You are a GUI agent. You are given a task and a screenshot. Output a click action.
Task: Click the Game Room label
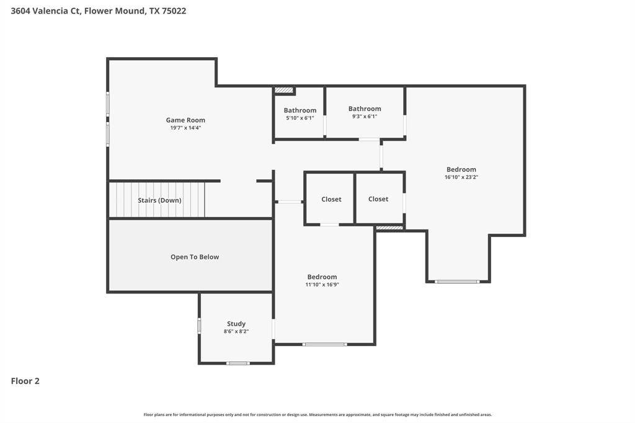[x=185, y=120]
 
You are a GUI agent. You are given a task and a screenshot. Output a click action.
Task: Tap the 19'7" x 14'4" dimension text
[x=185, y=128]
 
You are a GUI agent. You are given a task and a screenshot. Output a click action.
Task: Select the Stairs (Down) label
[x=159, y=200]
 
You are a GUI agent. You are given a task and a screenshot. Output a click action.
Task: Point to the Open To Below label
[x=195, y=257]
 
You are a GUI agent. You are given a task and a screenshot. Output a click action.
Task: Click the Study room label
[x=236, y=324]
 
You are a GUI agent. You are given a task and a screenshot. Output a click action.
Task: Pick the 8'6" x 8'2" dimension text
[x=236, y=331]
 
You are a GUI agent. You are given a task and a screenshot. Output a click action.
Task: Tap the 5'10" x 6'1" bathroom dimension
[x=300, y=118]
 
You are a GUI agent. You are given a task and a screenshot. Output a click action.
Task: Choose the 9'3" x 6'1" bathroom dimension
[x=365, y=116]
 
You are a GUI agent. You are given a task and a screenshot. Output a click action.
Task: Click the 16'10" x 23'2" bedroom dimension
[x=461, y=177]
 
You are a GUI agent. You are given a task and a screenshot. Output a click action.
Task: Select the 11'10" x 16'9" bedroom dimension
[x=322, y=285]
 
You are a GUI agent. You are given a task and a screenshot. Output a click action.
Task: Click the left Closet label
[x=331, y=199]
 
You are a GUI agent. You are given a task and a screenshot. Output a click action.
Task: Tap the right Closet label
[x=378, y=199]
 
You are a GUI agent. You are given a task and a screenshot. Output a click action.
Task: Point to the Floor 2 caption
[x=25, y=381]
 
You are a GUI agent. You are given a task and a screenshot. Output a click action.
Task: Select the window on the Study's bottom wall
[x=238, y=363]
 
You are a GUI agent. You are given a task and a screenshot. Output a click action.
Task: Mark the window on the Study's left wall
[x=199, y=326]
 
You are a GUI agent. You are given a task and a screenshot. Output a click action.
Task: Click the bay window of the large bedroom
[x=457, y=282]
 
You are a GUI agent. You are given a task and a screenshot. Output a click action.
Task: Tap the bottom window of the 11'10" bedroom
[x=325, y=344]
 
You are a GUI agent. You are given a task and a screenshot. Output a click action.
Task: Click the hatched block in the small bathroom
[x=284, y=91]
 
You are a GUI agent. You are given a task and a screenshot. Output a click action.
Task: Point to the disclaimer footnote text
[x=317, y=414]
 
